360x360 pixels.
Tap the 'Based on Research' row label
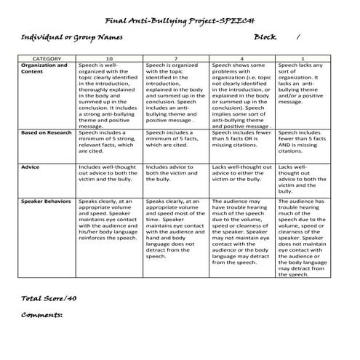47,133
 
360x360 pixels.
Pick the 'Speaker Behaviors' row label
47,200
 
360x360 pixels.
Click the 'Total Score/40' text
49,298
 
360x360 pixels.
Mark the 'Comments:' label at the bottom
41,315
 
